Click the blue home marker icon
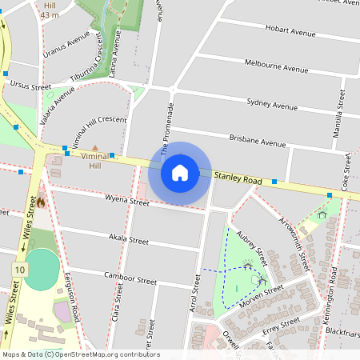tap(180, 172)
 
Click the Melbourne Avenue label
tap(276, 66)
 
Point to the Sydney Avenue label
tap(272, 104)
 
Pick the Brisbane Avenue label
tap(257, 142)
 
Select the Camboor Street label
tap(130, 279)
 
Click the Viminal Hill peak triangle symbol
tap(95, 149)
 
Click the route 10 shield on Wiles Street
tap(18, 270)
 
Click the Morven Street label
tap(263, 294)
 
